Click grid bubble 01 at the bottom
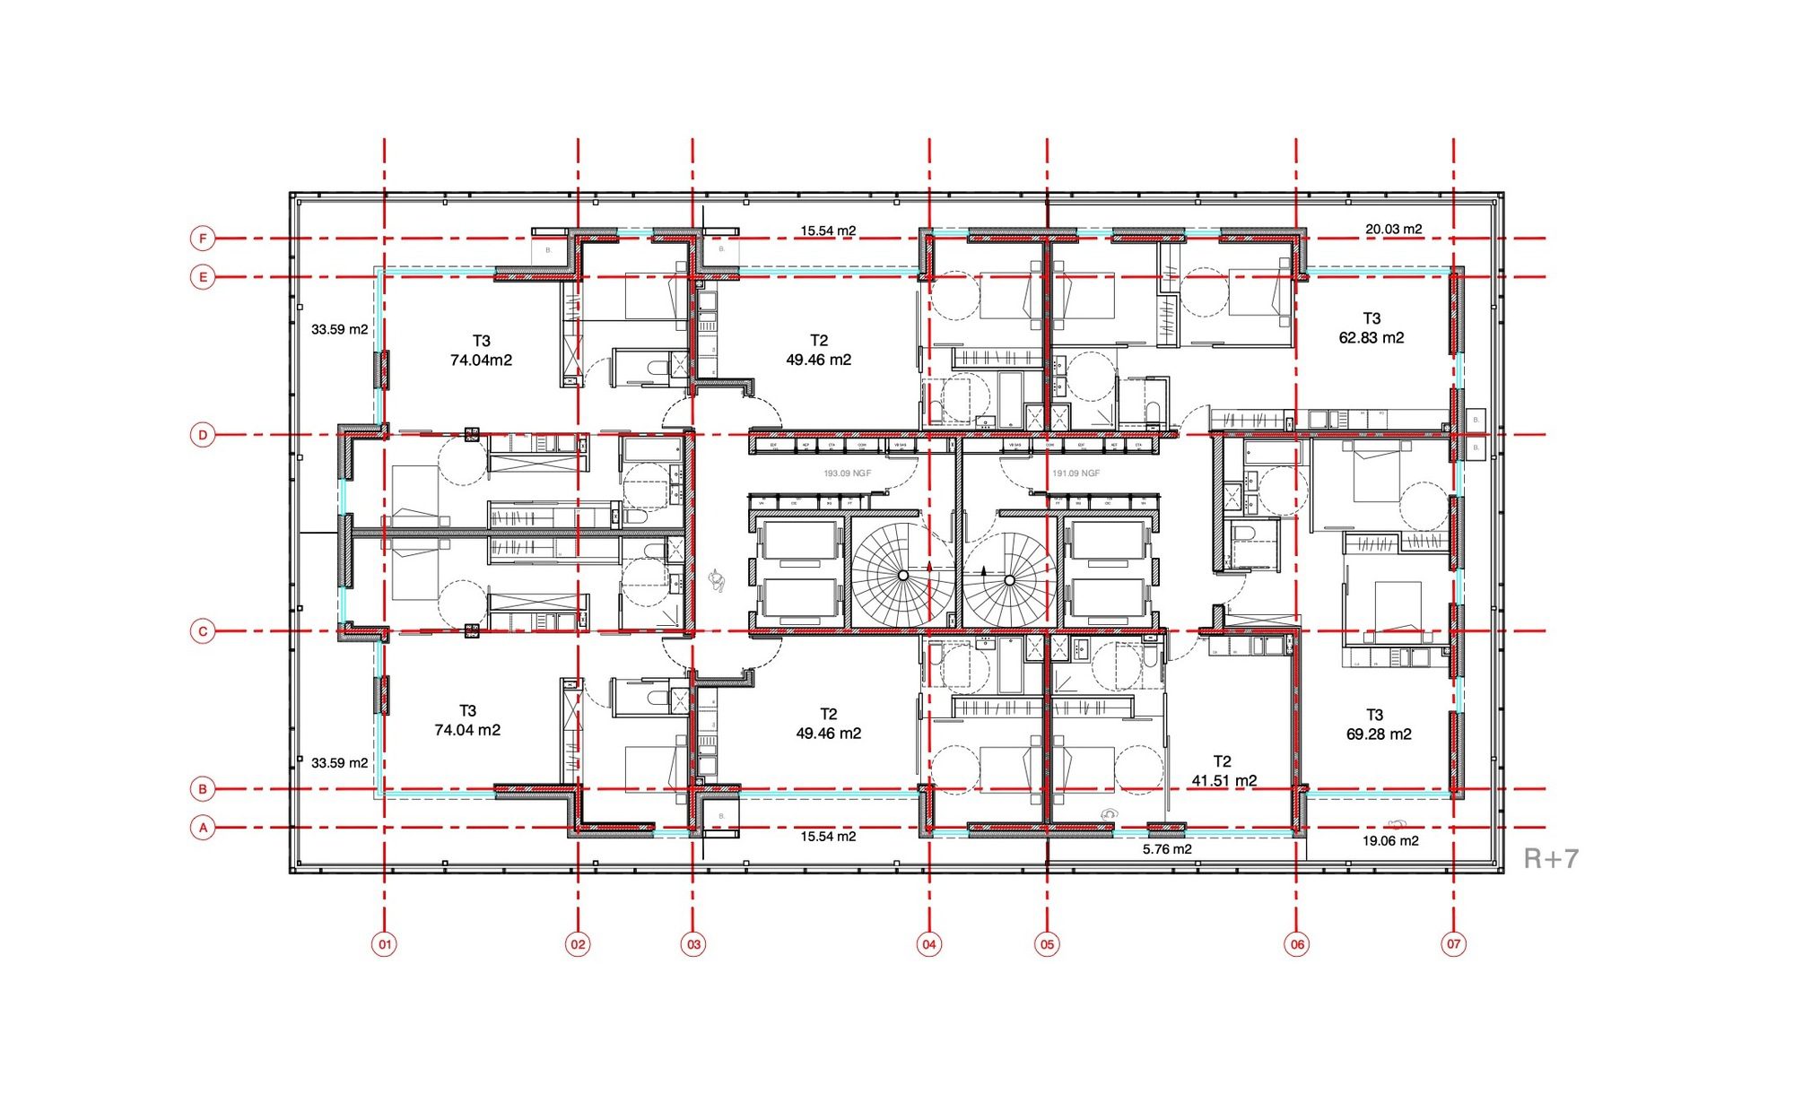click(384, 943)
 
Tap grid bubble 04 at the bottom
click(929, 943)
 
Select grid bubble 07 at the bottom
click(1453, 943)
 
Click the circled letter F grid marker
click(204, 239)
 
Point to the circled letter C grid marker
click(204, 631)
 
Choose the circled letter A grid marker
click(204, 828)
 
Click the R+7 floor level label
click(1551, 858)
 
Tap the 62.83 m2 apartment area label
click(1372, 338)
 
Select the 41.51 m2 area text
click(1224, 780)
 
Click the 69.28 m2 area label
click(1379, 734)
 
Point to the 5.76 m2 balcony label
click(1167, 849)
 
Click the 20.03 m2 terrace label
click(1393, 230)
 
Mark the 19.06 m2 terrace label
click(1390, 841)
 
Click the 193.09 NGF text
click(847, 473)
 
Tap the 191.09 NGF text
click(1076, 473)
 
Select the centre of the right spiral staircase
click(1009, 580)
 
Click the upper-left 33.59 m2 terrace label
click(339, 330)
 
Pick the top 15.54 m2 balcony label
click(828, 231)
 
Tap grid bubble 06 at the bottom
click(1297, 943)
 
